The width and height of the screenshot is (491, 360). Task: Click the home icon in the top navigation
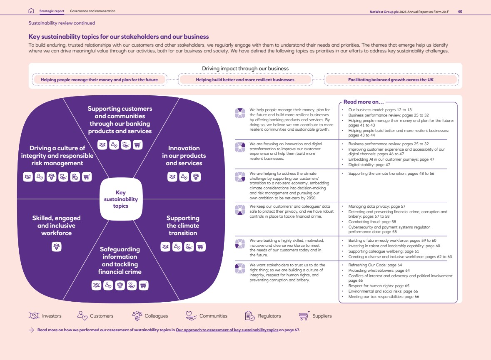(31, 11)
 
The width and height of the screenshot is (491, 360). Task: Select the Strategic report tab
(52, 11)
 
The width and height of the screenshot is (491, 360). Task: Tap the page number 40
(460, 12)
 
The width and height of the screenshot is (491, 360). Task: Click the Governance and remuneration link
(93, 11)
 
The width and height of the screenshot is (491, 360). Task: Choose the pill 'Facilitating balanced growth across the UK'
(391, 80)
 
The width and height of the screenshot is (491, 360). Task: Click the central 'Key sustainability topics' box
(121, 199)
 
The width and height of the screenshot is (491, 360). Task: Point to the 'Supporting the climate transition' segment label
(183, 226)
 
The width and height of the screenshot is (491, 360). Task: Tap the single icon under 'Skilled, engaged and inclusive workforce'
(56, 247)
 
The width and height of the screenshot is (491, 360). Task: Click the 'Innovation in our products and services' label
(184, 156)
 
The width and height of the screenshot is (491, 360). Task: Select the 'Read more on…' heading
(364, 102)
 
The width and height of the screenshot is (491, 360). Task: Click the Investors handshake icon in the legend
(34, 315)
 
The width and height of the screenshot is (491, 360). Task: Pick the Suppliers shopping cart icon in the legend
(304, 316)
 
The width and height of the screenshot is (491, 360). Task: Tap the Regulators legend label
(269, 316)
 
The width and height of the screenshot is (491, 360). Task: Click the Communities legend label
(213, 316)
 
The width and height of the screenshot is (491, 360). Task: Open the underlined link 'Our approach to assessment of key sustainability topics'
(227, 330)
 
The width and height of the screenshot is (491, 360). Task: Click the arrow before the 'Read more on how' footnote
(31, 330)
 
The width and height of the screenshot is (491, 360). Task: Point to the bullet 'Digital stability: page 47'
(369, 165)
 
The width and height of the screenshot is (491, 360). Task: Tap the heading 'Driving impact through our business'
(245, 69)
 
